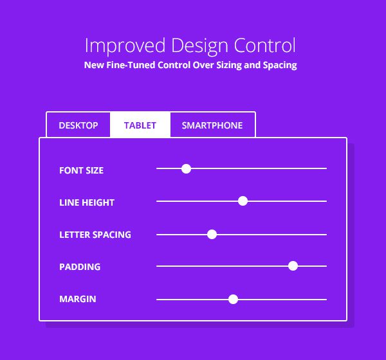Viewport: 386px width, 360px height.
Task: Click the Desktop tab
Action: [x=78, y=125]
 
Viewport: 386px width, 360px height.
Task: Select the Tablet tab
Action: [x=140, y=125]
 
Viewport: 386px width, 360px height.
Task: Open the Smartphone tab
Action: [x=212, y=125]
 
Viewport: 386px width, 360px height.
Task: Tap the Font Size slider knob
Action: [x=187, y=168]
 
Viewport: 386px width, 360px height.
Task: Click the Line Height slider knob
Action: [x=243, y=201]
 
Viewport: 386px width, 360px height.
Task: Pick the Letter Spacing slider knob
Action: [x=212, y=234]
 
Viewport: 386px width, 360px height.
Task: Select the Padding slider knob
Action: [x=293, y=266]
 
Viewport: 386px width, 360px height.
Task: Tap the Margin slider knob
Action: [x=234, y=299]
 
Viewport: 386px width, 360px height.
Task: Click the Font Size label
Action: [x=81, y=170]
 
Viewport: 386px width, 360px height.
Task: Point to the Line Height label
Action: [x=87, y=203]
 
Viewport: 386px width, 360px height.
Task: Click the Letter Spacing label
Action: [x=95, y=235]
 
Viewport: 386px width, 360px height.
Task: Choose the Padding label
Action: [x=80, y=267]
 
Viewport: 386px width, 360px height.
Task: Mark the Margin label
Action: [x=78, y=299]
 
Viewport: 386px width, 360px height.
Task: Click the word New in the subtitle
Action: [x=94, y=66]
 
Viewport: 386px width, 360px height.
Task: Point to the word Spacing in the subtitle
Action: [x=280, y=66]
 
